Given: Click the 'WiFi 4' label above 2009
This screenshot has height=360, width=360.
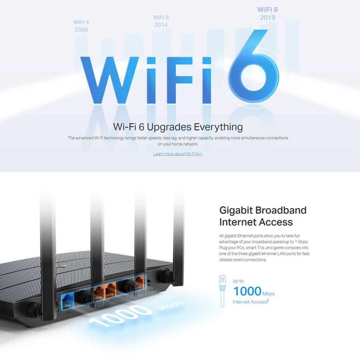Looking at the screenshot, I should [x=81, y=22].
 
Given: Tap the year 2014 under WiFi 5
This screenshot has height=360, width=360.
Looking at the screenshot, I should [x=161, y=25].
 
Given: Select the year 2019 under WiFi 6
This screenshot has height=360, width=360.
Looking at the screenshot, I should [x=268, y=18].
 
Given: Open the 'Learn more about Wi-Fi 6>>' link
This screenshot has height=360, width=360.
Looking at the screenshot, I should [x=178, y=154].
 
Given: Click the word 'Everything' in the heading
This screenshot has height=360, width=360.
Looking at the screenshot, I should [x=218, y=127].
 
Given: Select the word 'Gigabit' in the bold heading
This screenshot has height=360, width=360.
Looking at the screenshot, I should [x=236, y=210].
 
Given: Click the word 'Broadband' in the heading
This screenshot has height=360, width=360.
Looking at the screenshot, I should [x=281, y=210].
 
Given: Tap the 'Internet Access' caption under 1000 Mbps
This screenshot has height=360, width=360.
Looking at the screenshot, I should [x=250, y=302].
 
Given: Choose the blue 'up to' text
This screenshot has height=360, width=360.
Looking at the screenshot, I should [x=238, y=281].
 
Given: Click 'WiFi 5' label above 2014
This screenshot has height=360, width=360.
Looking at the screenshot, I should [x=161, y=18].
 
